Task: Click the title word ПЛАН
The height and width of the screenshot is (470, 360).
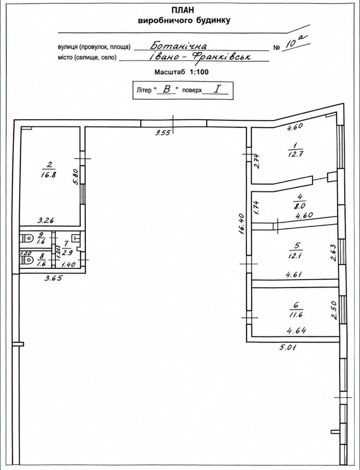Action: coord(183,10)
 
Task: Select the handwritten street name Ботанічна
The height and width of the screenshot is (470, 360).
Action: coord(178,45)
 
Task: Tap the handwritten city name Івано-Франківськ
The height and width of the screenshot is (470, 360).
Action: coord(200,57)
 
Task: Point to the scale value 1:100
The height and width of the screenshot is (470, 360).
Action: coord(199,72)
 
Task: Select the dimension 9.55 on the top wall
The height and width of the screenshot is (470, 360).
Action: coord(163,132)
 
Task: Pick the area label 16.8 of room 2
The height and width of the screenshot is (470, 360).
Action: coord(49,175)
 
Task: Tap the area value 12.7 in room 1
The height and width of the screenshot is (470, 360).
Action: coord(295,154)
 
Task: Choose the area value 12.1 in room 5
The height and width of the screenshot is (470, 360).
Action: coord(295,256)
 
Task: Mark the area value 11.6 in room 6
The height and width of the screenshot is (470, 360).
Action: coord(295,314)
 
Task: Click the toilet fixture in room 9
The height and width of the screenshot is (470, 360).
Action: coord(27,239)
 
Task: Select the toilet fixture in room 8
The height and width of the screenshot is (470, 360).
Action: coord(27,260)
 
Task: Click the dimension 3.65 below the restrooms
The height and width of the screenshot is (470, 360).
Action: coord(53,278)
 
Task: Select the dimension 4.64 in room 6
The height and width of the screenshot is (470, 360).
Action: coord(296,331)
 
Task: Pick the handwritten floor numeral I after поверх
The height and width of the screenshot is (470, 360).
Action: coord(217,89)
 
